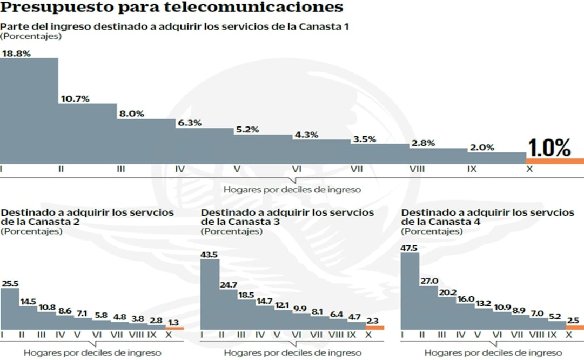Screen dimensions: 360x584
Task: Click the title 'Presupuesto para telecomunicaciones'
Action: click(x=172, y=8)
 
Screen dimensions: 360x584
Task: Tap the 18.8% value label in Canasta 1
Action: click(x=16, y=53)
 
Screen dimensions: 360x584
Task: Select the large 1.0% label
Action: click(x=549, y=147)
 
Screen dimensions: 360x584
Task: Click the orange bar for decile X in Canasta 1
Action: click(x=554, y=161)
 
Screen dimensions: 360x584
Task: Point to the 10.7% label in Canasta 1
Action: click(x=75, y=99)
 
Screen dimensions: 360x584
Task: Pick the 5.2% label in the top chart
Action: click(x=246, y=130)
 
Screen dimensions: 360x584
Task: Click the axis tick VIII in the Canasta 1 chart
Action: click(x=417, y=169)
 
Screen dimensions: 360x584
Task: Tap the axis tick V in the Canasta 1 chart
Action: click(x=237, y=169)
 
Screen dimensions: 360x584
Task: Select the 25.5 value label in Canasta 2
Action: click(x=11, y=283)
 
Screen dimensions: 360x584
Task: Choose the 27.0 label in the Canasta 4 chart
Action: click(x=429, y=281)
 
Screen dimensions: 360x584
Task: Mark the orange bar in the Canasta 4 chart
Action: click(x=575, y=327)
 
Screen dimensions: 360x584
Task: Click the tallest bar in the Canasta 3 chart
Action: click(x=210, y=295)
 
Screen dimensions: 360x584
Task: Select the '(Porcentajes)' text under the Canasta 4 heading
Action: click(x=432, y=231)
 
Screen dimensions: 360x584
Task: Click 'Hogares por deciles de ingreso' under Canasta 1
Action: click(x=292, y=190)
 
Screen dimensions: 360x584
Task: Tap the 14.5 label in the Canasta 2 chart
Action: click(x=29, y=302)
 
